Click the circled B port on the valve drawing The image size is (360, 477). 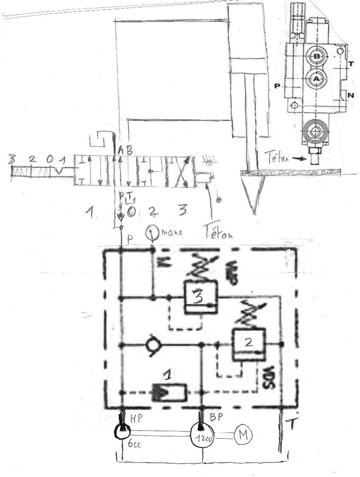pos(317,57)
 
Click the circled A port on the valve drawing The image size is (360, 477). pos(316,78)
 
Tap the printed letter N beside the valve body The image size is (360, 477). pos(350,95)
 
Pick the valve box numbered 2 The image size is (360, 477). pos(248,342)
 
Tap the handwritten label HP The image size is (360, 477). pos(136,417)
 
